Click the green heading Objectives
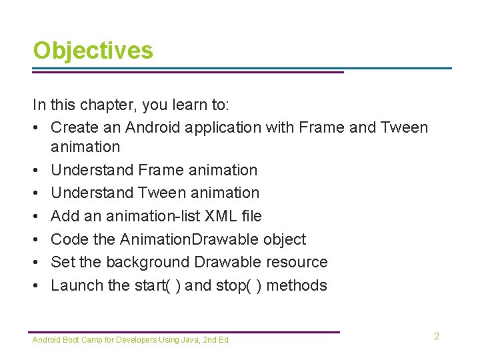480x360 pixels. pyautogui.click(x=93, y=51)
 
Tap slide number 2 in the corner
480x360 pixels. pyautogui.click(x=437, y=336)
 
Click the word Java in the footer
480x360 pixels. pyautogui.click(x=188, y=340)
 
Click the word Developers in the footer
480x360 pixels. pyautogui.click(x=137, y=340)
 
